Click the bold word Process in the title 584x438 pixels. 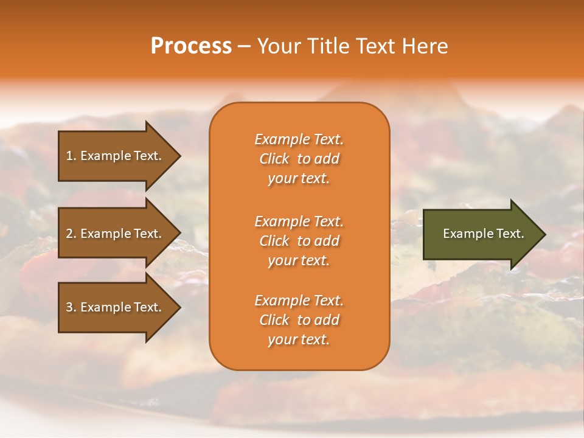191,46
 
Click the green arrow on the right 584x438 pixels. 481,234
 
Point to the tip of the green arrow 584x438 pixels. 544,234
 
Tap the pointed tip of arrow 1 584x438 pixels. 179,156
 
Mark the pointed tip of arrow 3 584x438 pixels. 179,307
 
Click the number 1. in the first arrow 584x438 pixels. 71,156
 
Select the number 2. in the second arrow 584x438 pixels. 71,234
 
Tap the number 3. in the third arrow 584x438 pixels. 71,307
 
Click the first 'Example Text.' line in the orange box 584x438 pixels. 299,139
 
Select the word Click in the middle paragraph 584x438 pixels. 274,241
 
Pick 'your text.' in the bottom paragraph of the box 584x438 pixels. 299,339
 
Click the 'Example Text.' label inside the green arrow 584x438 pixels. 483,234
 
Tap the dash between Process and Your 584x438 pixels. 244,46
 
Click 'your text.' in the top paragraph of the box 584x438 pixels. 299,178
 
